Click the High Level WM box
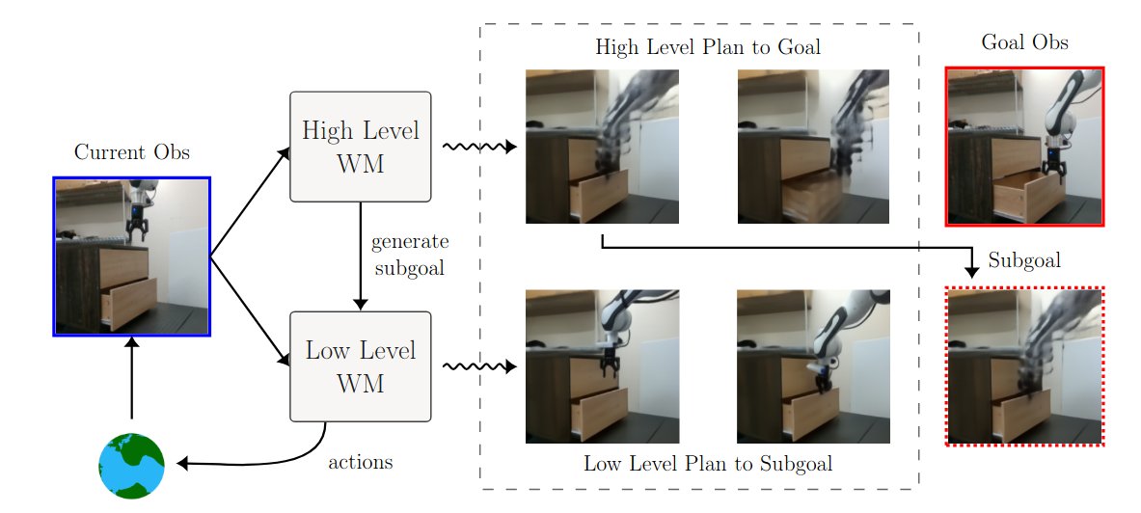tap(361, 147)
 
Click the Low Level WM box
tap(361, 365)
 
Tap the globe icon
tap(131, 466)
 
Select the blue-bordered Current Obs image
tap(131, 256)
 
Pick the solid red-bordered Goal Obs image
tap(1024, 147)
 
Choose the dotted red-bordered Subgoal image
tap(1024, 366)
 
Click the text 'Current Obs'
tap(131, 152)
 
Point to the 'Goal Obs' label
tap(1024, 42)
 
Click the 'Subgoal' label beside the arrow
tap(1024, 260)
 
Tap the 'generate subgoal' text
tap(409, 255)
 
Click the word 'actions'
tap(361, 462)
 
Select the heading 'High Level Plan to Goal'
tap(707, 46)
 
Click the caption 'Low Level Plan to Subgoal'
tap(707, 464)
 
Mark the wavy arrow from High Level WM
tap(477, 147)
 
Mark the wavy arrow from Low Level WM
tap(477, 366)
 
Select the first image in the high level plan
tap(602, 147)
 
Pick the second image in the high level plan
tap(813, 147)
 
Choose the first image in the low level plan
tap(602, 366)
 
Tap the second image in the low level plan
tap(813, 366)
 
